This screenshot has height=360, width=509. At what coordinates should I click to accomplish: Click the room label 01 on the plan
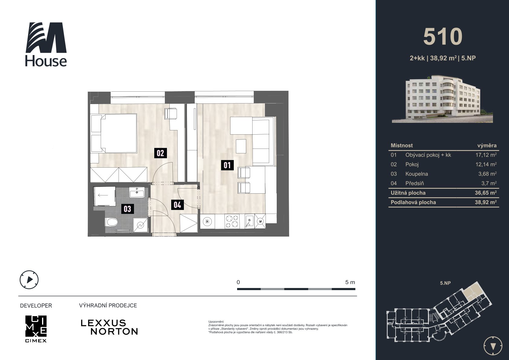[x=227, y=165]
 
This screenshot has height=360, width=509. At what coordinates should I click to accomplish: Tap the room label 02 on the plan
[x=160, y=153]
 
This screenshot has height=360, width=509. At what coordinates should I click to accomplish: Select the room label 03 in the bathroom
[x=128, y=209]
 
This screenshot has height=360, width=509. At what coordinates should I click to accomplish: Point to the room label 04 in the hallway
[x=177, y=205]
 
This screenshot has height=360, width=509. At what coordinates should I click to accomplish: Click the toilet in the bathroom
[x=111, y=222]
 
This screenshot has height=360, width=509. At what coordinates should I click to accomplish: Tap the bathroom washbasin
[x=137, y=192]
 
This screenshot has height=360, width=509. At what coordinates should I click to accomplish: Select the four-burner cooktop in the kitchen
[x=232, y=221]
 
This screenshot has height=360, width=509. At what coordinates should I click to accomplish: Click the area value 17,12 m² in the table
[x=486, y=155]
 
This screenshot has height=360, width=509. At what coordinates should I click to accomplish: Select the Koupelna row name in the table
[x=416, y=174]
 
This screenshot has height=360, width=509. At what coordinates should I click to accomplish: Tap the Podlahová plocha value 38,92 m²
[x=486, y=202]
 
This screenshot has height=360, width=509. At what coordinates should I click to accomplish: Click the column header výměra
[x=487, y=146]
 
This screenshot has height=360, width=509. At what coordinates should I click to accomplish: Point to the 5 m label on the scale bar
[x=350, y=282]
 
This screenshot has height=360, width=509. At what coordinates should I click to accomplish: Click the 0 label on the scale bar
[x=238, y=282]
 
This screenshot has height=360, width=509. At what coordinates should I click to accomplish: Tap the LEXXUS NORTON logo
[x=109, y=327]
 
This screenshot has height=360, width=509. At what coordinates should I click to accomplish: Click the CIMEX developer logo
[x=36, y=329]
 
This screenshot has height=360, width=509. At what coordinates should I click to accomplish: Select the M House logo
[x=46, y=44]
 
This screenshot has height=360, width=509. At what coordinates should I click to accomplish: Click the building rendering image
[x=442, y=99]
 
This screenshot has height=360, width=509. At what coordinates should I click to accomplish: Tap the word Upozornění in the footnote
[x=216, y=322]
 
